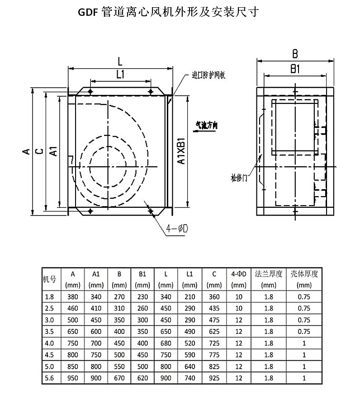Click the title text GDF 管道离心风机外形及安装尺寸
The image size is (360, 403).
pos(168,12)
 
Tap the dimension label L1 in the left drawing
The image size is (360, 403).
pos(120,75)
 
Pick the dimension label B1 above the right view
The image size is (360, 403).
pos(295,69)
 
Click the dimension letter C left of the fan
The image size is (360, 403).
pos(40,151)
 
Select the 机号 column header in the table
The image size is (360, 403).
pos(49,279)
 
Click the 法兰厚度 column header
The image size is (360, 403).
pos(268,273)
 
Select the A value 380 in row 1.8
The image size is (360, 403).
pos(72,297)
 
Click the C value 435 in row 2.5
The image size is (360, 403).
pos(214,309)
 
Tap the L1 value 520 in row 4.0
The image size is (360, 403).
pos(189,343)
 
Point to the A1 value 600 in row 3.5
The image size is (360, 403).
pos(95,332)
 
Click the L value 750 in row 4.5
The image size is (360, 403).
pos(166,355)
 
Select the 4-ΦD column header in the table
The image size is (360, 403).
pos(238,273)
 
